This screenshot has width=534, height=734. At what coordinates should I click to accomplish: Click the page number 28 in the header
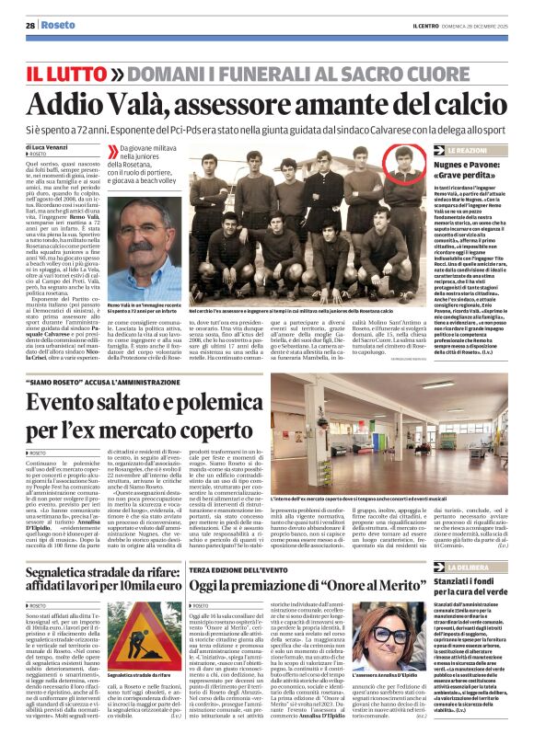point(30,26)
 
